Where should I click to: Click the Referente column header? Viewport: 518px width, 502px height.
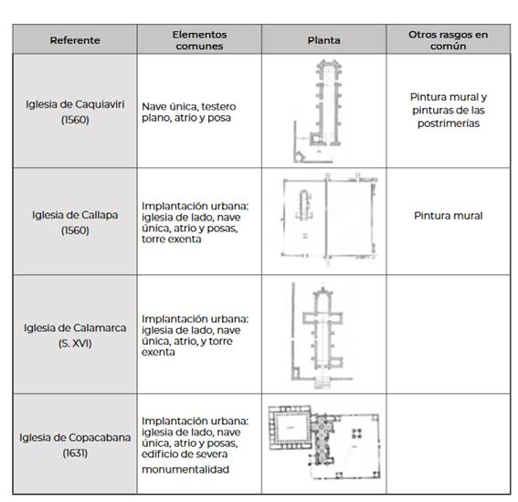click(75, 40)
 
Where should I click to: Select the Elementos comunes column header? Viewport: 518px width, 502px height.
click(199, 40)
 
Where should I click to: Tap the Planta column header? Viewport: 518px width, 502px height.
click(323, 40)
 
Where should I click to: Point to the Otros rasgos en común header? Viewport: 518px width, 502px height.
click(448, 40)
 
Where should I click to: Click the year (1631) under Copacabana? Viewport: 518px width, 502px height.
click(75, 453)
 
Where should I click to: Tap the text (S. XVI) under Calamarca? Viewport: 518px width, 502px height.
click(75, 343)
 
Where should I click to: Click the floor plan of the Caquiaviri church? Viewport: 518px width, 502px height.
click(318, 112)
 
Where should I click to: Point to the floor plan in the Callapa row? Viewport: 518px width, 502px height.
click(329, 219)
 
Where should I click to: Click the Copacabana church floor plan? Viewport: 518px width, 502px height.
click(324, 443)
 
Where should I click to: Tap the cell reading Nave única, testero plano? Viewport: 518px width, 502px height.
click(188, 112)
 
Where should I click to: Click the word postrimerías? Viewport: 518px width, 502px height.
click(449, 123)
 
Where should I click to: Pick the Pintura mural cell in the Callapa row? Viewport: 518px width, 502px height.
click(449, 216)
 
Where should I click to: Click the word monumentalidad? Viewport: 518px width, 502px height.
click(185, 469)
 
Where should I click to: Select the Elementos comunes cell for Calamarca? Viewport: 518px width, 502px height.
click(195, 336)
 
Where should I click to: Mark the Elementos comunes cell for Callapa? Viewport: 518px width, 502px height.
click(195, 222)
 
